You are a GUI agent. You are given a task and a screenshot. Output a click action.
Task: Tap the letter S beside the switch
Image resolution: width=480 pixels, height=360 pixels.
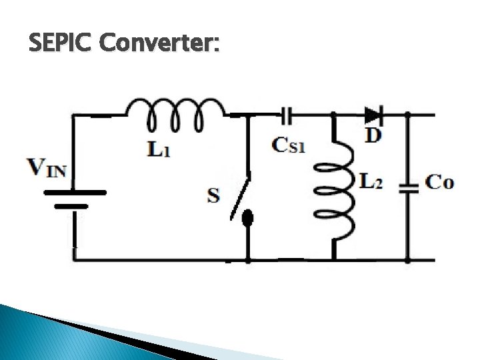click(213, 195)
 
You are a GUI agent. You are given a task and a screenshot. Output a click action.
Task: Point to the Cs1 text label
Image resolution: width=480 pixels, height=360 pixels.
click(289, 145)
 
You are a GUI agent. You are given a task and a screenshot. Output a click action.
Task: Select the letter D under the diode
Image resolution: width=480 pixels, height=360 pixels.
click(374, 135)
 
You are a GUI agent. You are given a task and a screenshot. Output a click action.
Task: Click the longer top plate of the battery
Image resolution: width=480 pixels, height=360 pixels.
click(75, 193)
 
